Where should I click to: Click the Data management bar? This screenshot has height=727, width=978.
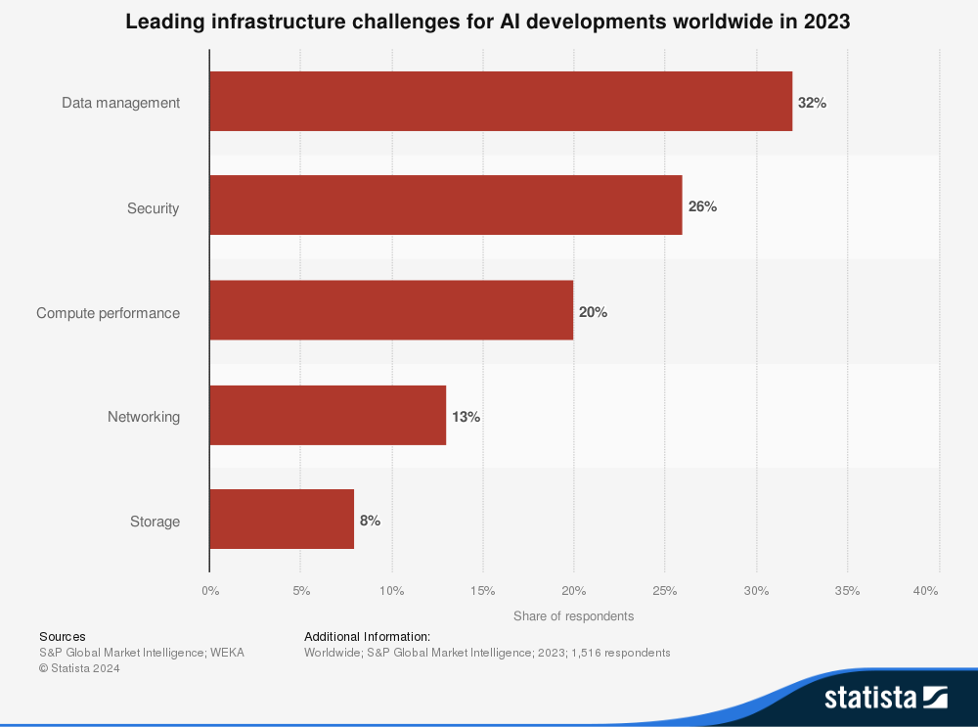(x=501, y=102)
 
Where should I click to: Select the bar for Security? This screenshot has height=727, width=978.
(x=446, y=205)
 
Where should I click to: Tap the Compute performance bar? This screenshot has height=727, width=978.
(x=391, y=311)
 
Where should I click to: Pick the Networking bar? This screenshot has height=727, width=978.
(x=328, y=416)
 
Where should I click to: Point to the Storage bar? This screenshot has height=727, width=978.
(x=282, y=520)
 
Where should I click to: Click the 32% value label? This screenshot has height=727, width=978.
(x=812, y=102)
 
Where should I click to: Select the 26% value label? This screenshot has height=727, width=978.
(x=702, y=206)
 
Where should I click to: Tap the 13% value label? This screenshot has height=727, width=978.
(x=466, y=417)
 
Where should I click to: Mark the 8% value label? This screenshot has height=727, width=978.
(x=370, y=521)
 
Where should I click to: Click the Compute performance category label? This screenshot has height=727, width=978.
(x=109, y=313)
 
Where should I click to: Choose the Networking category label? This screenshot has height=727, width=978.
(x=144, y=417)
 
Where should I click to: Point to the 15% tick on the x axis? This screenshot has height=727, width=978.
(x=482, y=591)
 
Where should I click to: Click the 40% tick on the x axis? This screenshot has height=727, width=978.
(x=925, y=591)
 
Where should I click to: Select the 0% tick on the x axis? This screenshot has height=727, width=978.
(x=210, y=591)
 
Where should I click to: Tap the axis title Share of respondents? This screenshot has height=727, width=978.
(x=573, y=616)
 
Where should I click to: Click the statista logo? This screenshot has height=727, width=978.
(x=885, y=698)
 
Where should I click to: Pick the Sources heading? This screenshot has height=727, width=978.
(x=63, y=636)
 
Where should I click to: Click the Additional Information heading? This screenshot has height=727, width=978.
(x=367, y=636)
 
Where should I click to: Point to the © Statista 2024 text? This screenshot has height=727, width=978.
(x=79, y=668)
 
